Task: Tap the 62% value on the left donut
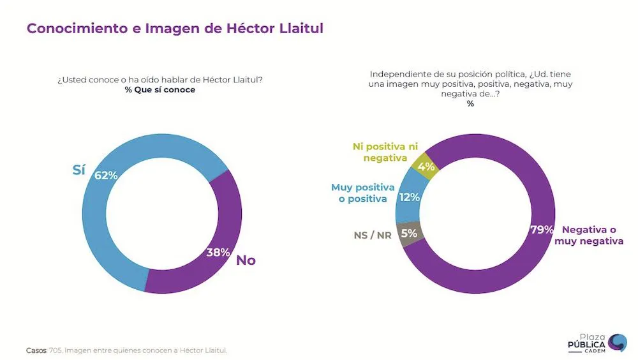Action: (106, 175)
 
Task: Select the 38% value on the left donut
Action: (218, 252)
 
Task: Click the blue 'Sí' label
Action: (78, 170)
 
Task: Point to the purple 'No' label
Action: (246, 260)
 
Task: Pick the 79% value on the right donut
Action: (542, 230)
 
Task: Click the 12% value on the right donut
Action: (409, 197)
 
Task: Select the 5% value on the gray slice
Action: (408, 234)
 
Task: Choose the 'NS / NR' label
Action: (373, 235)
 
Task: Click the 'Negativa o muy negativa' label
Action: (592, 235)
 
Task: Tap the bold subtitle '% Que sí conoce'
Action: (160, 90)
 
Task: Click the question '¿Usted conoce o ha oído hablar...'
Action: (160, 79)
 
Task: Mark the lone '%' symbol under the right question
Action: (470, 103)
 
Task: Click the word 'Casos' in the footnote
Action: (36, 350)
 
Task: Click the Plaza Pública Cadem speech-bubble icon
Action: (617, 343)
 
